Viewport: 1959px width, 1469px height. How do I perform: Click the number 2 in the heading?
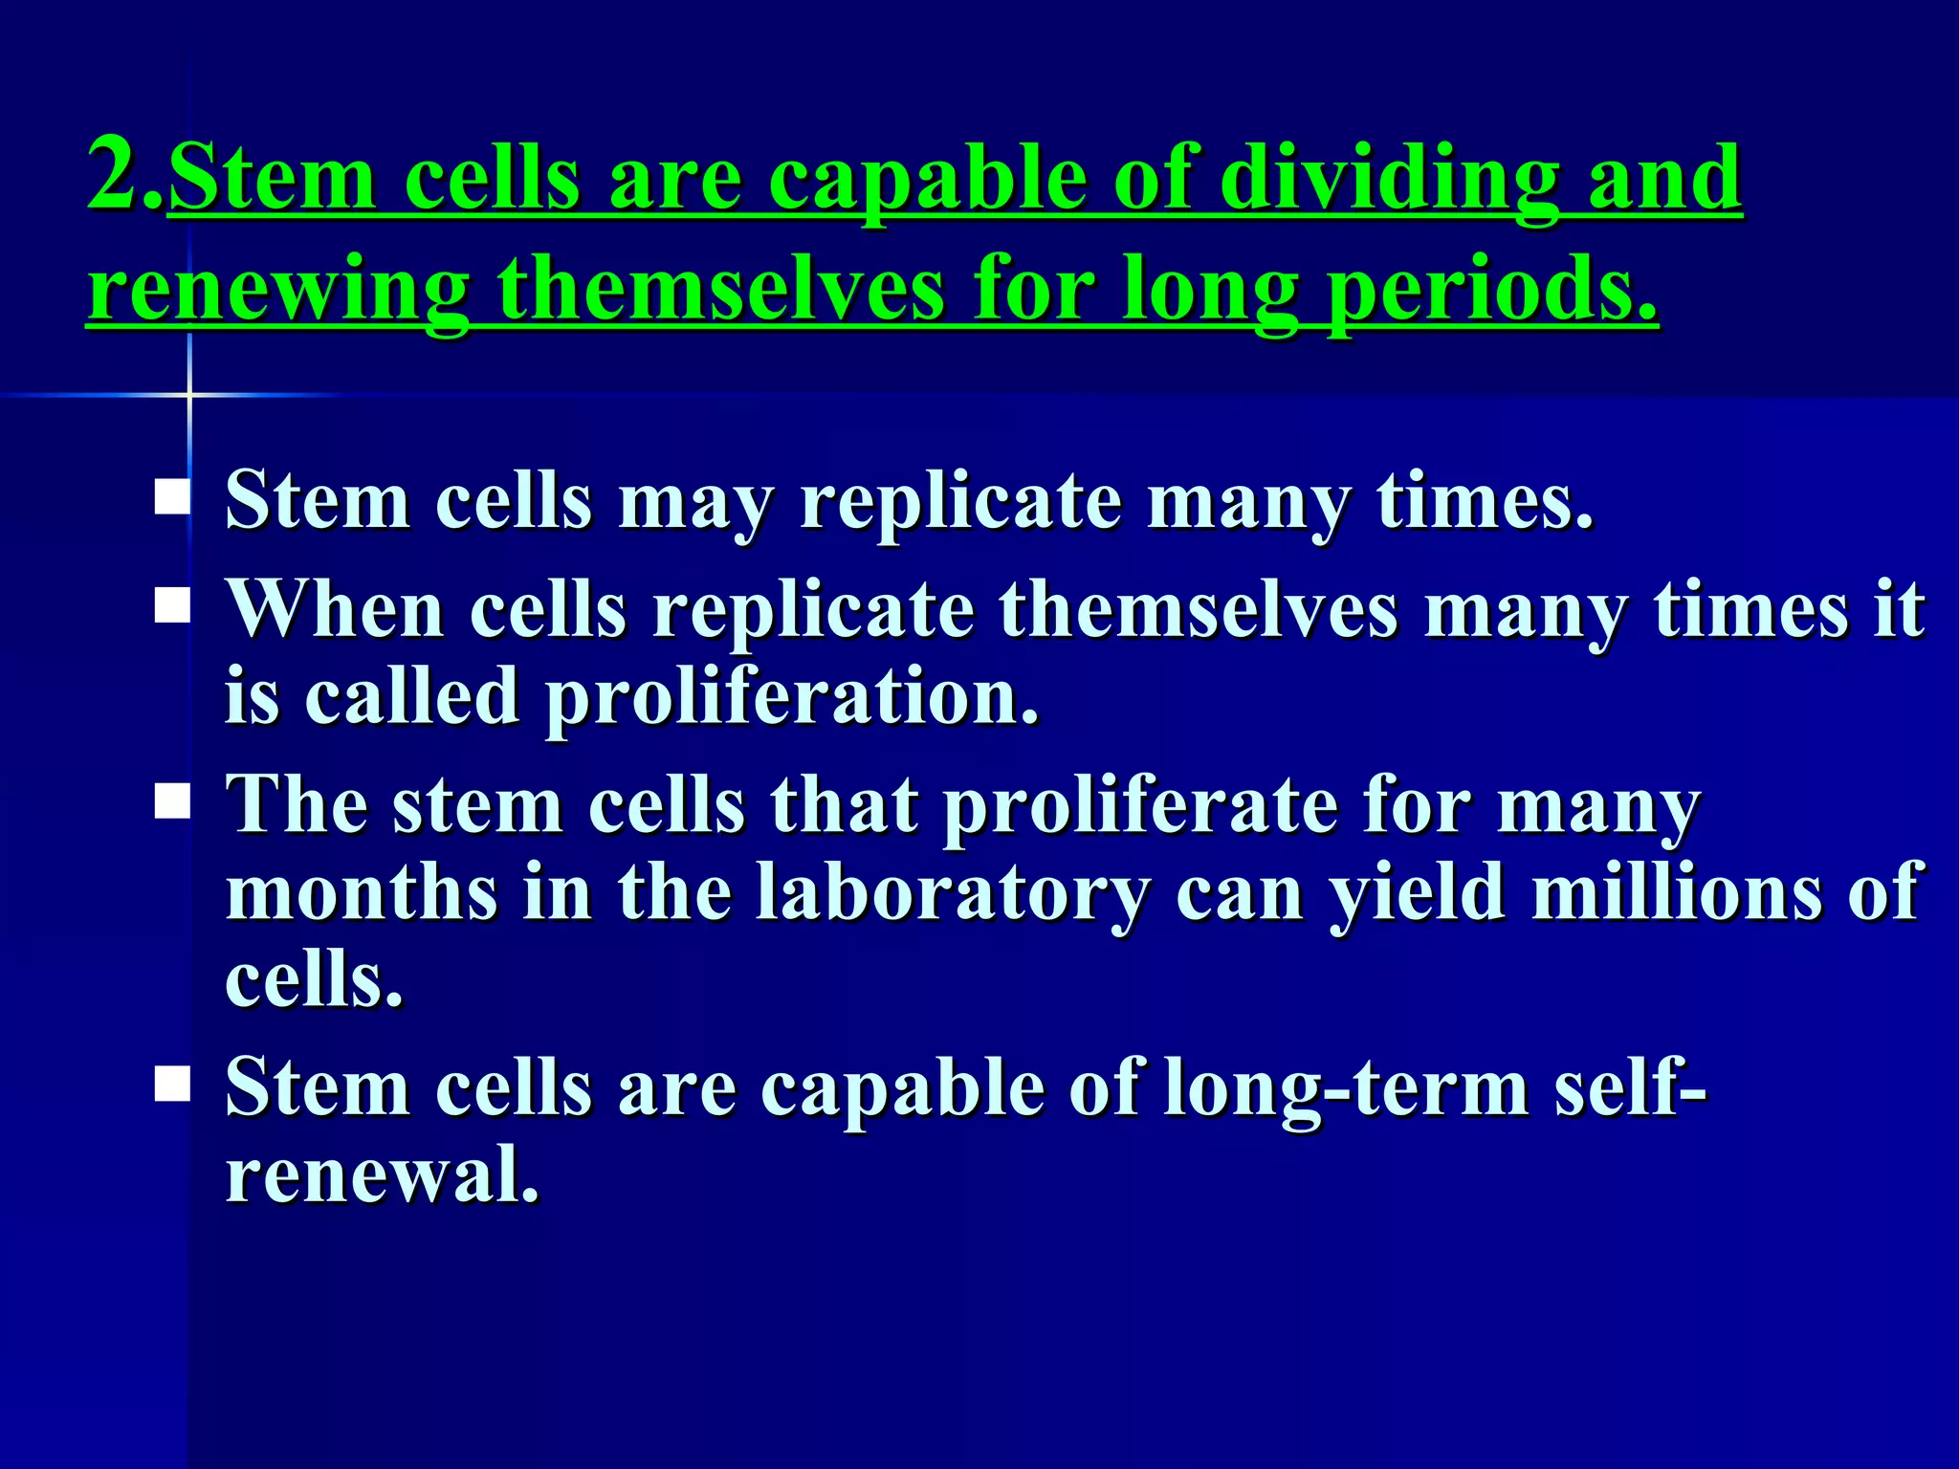coord(113,174)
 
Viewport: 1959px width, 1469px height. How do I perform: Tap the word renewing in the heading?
coord(277,290)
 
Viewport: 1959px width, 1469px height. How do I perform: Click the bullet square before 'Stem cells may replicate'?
coord(172,498)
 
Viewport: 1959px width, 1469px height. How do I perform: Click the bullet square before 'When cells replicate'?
coord(172,606)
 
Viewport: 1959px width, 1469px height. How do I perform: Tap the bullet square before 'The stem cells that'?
coord(172,801)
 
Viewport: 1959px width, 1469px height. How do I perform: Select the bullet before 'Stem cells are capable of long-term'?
coord(172,1085)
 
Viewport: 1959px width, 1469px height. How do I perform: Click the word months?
coord(362,891)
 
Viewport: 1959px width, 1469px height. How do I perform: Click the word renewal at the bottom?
coord(381,1174)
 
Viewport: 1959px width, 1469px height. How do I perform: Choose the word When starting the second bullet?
coord(335,608)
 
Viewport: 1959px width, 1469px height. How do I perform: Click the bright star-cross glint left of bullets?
coord(188,393)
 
